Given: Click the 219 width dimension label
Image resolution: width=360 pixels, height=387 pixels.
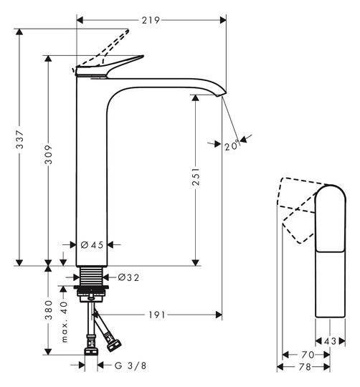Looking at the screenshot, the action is pos(151,20).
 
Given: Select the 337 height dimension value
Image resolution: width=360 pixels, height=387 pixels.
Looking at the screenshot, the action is pos(19,140).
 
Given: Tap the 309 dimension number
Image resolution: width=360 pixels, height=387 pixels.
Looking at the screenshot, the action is pos(48,155).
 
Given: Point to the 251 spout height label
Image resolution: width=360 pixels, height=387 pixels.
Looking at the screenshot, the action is pos(196,177).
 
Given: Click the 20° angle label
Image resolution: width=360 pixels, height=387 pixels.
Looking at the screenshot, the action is pos(232,145).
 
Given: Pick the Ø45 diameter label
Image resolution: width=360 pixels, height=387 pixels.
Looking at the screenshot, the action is pos(92,245).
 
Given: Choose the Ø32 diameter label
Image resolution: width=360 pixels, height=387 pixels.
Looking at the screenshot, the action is pos(128,277).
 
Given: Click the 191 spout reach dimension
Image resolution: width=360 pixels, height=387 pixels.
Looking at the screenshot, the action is pos(156,315).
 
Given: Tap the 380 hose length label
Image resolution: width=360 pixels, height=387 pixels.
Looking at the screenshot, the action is pos(48,310).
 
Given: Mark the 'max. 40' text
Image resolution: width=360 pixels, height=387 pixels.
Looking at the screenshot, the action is pos(64,322).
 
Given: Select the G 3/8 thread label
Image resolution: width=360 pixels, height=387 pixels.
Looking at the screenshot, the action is pos(131,365).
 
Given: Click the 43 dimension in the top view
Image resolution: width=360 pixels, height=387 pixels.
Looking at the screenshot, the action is pos(330,341).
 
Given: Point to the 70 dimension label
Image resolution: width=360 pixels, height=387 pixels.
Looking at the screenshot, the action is pos(308,355).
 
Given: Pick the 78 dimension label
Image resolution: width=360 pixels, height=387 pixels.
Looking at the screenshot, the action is pos(305,367).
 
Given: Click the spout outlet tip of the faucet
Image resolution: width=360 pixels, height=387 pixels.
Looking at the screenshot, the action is pos(222,94).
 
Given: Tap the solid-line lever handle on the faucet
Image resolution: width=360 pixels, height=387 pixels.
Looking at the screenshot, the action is pos(110,66).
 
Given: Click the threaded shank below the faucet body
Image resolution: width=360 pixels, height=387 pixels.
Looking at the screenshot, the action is pos(91,276).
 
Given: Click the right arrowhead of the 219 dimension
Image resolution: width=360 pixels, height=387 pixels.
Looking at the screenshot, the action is pos(223,20).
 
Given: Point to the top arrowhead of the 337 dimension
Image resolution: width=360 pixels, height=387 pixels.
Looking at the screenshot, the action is pos(19,32).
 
